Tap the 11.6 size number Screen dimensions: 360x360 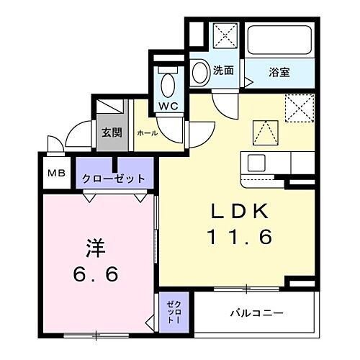(x=240, y=235)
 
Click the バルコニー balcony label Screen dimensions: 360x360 (x=256, y=314)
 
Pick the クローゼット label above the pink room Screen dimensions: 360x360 (x=113, y=179)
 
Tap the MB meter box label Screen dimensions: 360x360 (x=55, y=174)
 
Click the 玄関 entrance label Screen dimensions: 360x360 (x=111, y=132)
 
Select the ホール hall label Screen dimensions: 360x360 (x=146, y=133)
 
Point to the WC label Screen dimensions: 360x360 (x=168, y=105)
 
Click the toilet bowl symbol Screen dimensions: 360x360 (x=168, y=84)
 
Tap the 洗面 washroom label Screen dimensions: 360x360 (x=223, y=71)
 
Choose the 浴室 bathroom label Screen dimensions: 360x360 (x=279, y=71)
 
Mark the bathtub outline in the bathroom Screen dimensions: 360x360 (x=279, y=42)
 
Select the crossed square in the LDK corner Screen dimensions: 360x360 (x=298, y=109)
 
